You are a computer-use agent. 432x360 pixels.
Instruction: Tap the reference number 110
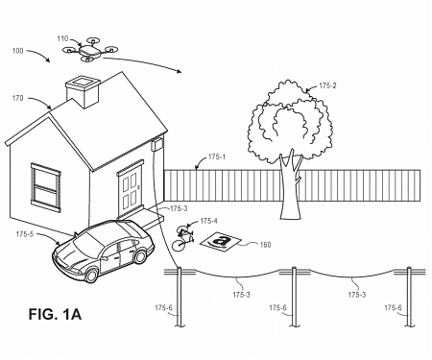click(x=63, y=38)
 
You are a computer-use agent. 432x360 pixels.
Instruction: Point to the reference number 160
click(x=264, y=245)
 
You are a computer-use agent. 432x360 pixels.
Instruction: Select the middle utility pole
click(x=293, y=298)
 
